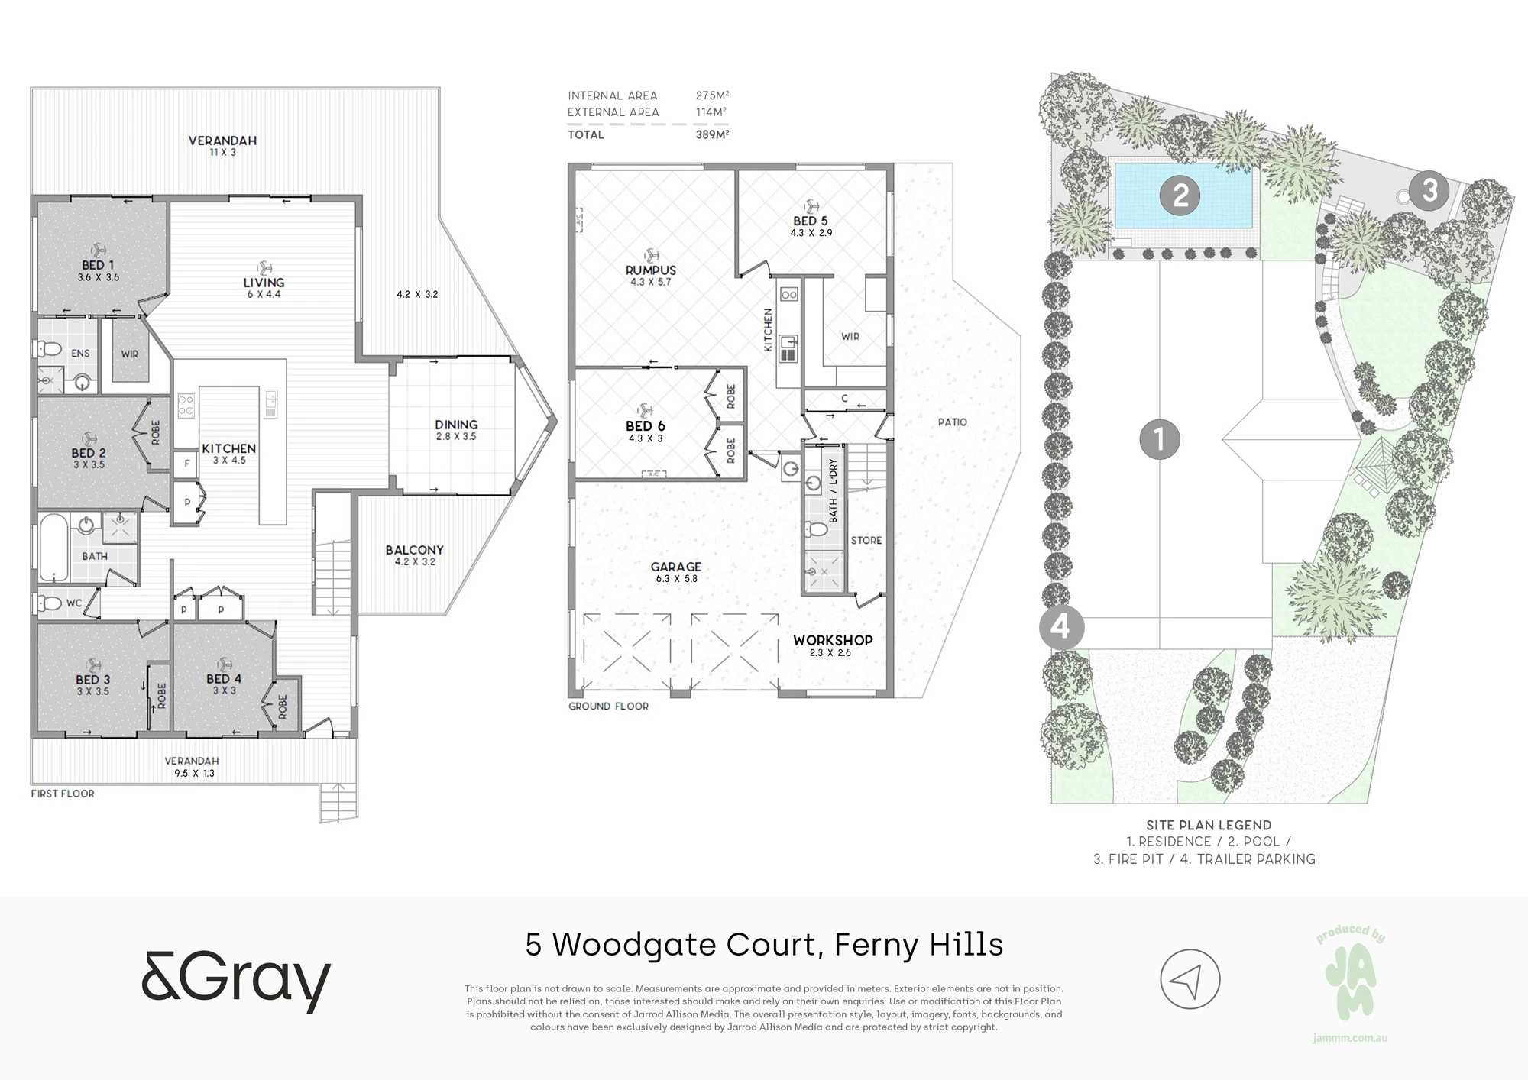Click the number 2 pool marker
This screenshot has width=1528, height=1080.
tap(1180, 196)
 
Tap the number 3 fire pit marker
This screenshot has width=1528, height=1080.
tap(1429, 189)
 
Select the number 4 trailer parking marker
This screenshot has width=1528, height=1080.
tap(1060, 627)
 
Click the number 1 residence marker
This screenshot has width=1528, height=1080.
tap(1160, 439)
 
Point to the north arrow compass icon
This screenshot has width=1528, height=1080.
tap(1190, 979)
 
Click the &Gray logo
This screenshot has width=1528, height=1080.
tap(236, 981)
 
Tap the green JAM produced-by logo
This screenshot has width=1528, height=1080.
tap(1350, 983)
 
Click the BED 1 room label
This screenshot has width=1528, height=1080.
tap(93, 265)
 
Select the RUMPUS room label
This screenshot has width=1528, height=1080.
tap(651, 270)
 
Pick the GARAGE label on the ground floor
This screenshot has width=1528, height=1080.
tap(676, 567)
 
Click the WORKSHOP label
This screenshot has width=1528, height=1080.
tap(833, 640)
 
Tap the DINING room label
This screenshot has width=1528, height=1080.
tap(456, 425)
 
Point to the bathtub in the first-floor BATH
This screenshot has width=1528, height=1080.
tap(53, 548)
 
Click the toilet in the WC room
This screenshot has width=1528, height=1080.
tap(50, 603)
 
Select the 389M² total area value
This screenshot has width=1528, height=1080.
tap(712, 134)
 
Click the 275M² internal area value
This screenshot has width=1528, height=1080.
tap(712, 95)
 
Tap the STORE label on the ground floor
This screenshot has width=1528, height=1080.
tap(866, 540)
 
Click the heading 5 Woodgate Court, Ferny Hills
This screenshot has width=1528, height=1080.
tap(764, 945)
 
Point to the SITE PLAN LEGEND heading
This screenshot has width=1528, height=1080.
tap(1209, 825)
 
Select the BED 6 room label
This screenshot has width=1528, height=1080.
tap(646, 426)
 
